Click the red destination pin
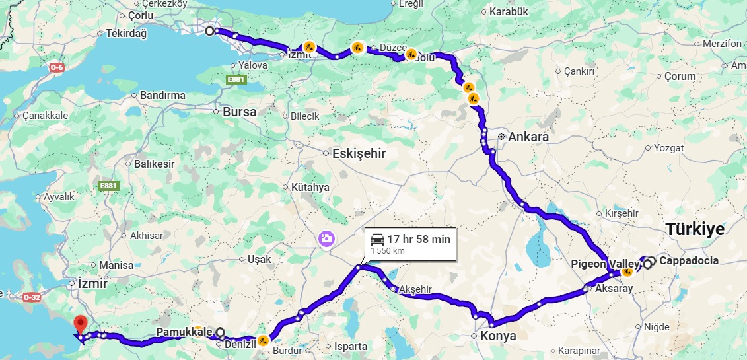click(x=81, y=324)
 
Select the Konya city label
click(x=499, y=336)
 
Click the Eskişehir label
click(x=359, y=153)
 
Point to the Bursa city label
click(x=239, y=112)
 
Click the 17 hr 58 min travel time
click(x=419, y=239)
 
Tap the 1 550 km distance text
click(x=387, y=251)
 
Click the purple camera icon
click(x=326, y=238)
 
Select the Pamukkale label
click(x=184, y=331)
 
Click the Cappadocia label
click(x=689, y=261)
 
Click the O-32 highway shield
click(x=31, y=297)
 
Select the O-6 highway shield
click(x=57, y=67)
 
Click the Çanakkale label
click(x=45, y=115)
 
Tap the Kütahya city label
click(x=310, y=188)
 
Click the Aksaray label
click(x=614, y=289)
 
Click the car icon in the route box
click(x=377, y=239)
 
